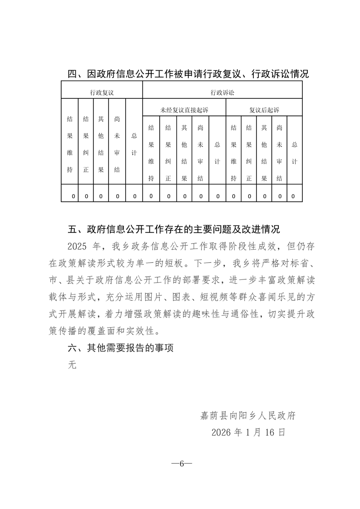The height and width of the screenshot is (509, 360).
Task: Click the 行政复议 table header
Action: pos(102,92)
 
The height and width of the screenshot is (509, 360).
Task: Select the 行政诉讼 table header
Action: pos(222,92)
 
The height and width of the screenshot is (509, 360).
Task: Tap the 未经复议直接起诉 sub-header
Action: pos(184,110)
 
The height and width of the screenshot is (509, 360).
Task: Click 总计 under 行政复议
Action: pos(134,144)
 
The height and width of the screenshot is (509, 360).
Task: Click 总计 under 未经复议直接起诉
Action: pos(217,153)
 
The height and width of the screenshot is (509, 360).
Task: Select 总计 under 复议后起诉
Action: pos(295,153)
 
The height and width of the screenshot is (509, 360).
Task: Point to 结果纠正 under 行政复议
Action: pos(86,144)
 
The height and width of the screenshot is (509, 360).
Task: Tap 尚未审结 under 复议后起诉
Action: pos(279,153)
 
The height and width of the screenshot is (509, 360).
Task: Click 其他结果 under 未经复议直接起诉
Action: pos(184,153)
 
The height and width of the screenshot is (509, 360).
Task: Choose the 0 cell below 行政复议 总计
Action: pos(134,196)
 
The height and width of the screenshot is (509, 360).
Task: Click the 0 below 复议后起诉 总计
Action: pos(293,196)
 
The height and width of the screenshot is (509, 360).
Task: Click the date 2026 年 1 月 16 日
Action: pos(248,432)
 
